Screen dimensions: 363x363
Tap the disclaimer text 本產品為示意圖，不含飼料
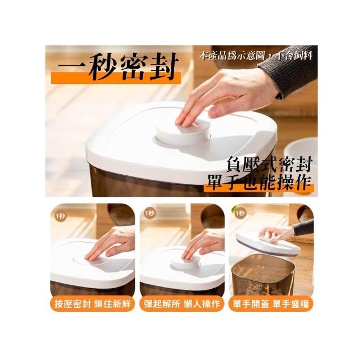[x=256, y=56]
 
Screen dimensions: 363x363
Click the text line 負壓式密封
[x=269, y=164]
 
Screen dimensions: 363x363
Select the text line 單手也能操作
[x=259, y=182]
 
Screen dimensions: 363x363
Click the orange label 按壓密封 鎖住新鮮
[x=92, y=303]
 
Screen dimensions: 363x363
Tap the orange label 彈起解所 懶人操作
[x=181, y=303]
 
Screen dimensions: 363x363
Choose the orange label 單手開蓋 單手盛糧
[x=271, y=303]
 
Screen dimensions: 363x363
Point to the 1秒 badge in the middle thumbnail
[x=150, y=213]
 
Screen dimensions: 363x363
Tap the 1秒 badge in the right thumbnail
[x=240, y=213]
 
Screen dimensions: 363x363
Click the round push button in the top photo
[x=183, y=133]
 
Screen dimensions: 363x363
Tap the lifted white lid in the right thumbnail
[x=267, y=246]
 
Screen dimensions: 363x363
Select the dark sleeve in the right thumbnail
[x=304, y=228]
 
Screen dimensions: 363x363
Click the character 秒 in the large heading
[x=103, y=66]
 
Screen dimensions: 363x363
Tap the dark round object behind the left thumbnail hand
[x=121, y=214]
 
